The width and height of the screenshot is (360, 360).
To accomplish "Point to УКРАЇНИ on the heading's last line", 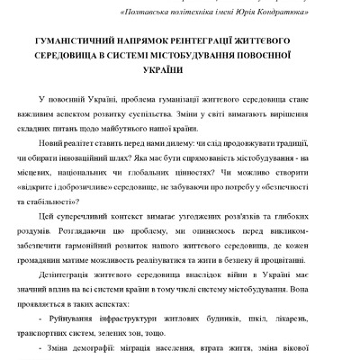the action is tap(180, 71).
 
